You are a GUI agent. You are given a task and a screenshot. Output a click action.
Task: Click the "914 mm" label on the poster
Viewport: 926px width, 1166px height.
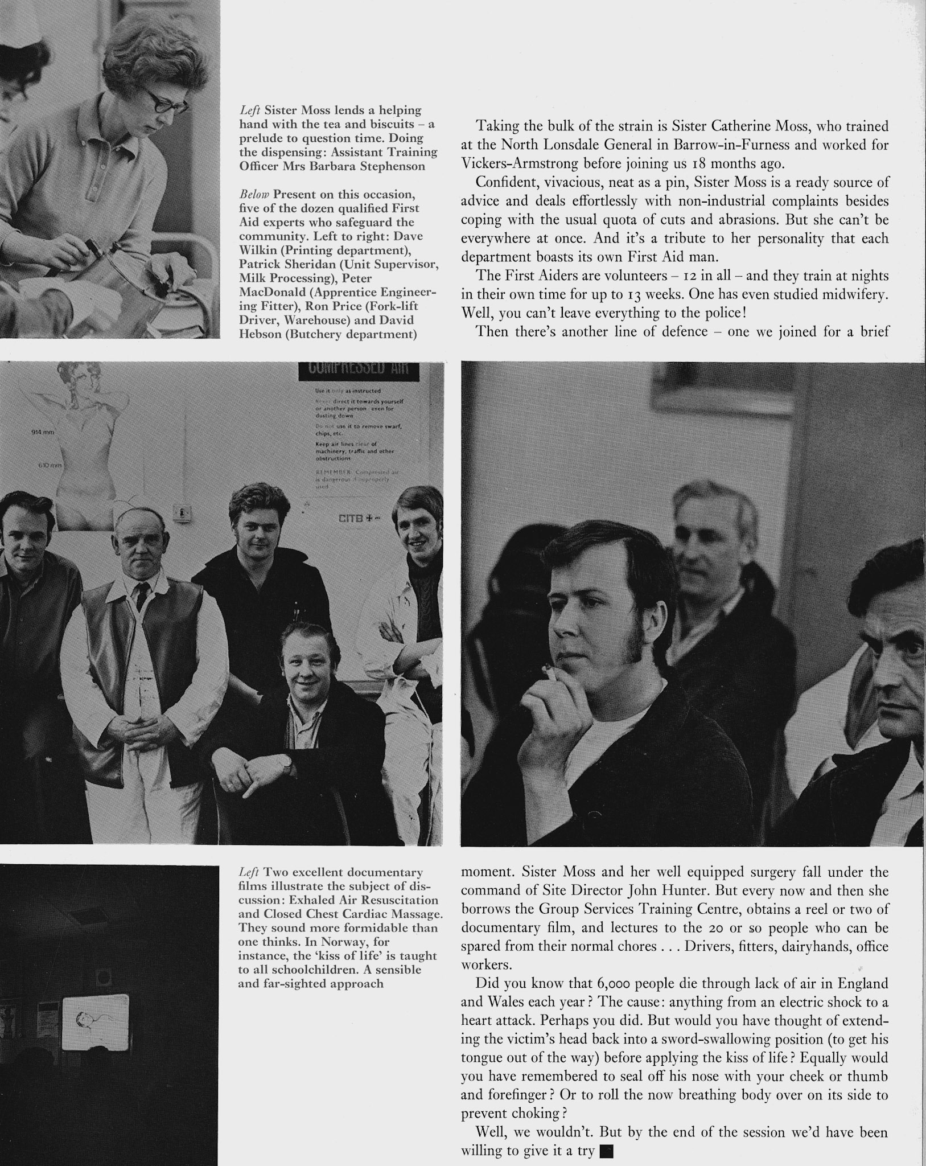pyautogui.click(x=42, y=433)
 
